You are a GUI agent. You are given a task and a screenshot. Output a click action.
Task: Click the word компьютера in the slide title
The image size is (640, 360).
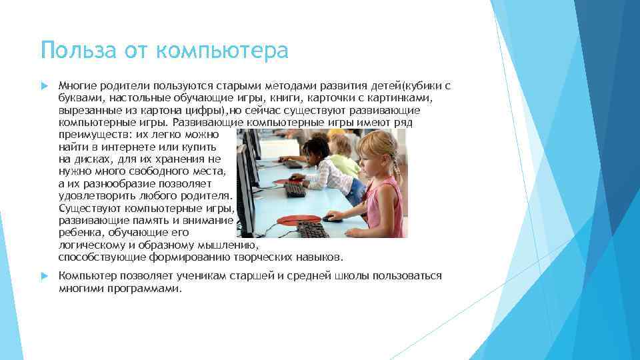(221, 51)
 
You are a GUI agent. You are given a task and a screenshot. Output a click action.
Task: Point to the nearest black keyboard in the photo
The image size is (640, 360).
(312, 229)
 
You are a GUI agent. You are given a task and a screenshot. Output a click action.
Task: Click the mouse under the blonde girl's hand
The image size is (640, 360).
(331, 217)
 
